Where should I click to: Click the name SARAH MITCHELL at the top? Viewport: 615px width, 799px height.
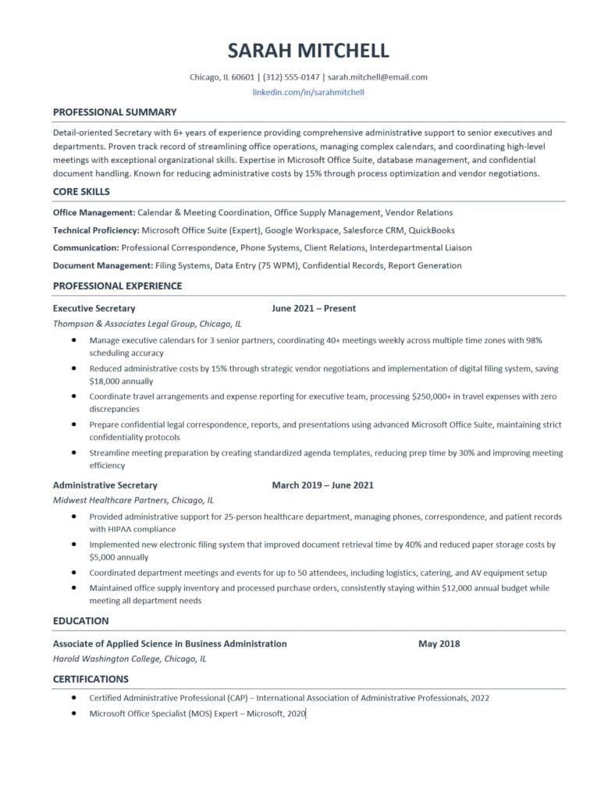tap(307, 51)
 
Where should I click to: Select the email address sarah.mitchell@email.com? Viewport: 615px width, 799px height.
tap(378, 77)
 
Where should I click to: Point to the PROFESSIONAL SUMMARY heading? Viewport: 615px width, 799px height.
tap(115, 112)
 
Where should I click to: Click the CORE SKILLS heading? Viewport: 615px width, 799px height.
tap(81, 191)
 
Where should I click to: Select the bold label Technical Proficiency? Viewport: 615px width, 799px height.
tap(96, 230)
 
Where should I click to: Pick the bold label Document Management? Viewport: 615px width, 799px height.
tap(102, 265)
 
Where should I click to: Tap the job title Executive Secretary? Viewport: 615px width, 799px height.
tap(94, 308)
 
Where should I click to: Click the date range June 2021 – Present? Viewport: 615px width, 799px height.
tap(314, 308)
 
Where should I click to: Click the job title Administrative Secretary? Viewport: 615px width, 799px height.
tap(105, 485)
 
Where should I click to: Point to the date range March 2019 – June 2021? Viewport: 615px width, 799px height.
tap(322, 485)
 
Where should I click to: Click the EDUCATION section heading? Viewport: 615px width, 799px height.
tap(80, 621)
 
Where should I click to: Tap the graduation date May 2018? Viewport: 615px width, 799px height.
tap(439, 644)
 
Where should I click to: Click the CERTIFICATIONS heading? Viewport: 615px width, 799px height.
tap(91, 679)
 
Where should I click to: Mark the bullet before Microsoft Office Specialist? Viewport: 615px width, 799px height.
tap(73, 713)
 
